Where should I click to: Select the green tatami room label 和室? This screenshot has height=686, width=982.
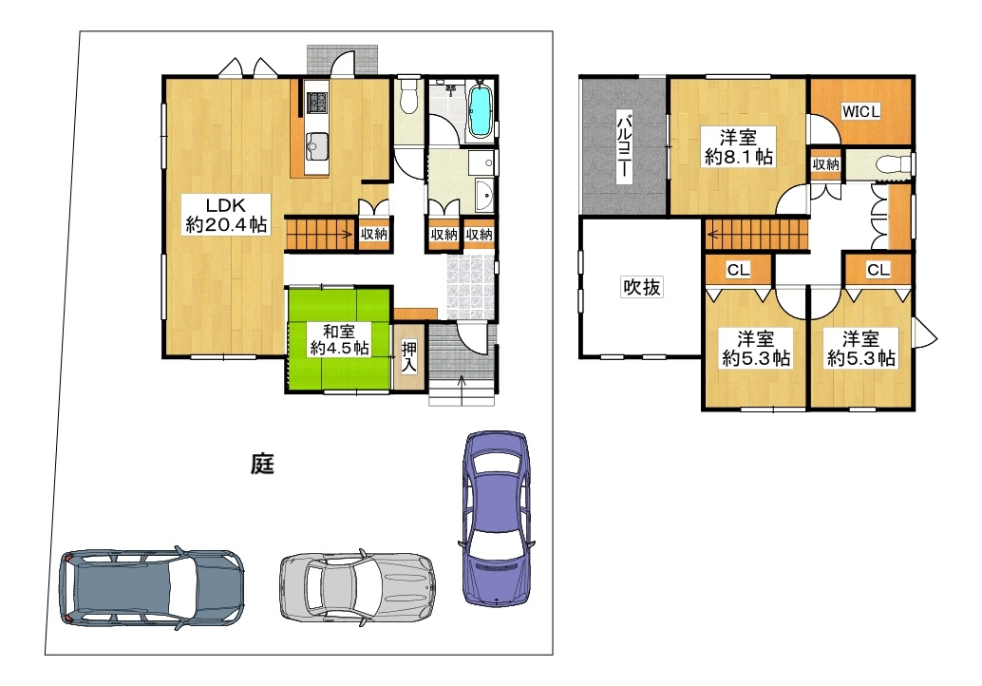pyautogui.click(x=339, y=330)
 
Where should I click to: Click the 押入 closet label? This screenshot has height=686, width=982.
pyautogui.click(x=408, y=357)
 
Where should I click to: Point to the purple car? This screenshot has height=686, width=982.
pyautogui.click(x=496, y=518)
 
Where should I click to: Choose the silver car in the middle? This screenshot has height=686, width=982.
pyautogui.click(x=357, y=586)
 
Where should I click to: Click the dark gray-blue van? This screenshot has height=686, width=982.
pyautogui.click(x=152, y=587)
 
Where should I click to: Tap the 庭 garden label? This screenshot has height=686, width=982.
pyautogui.click(x=262, y=465)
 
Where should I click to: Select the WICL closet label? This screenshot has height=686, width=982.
pyautogui.click(x=861, y=111)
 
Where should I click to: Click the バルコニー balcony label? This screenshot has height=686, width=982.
pyautogui.click(x=624, y=146)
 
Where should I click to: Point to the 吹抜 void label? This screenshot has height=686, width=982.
pyautogui.click(x=641, y=287)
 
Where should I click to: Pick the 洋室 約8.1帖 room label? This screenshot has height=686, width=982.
pyautogui.click(x=738, y=146)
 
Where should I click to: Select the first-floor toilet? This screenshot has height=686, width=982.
pyautogui.click(x=408, y=97)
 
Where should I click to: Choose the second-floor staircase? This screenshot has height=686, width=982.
pyautogui.click(x=755, y=235)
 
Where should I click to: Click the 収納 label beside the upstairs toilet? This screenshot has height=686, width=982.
pyautogui.click(x=825, y=164)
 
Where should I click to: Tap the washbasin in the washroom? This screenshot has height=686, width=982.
pyautogui.click(x=483, y=196)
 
